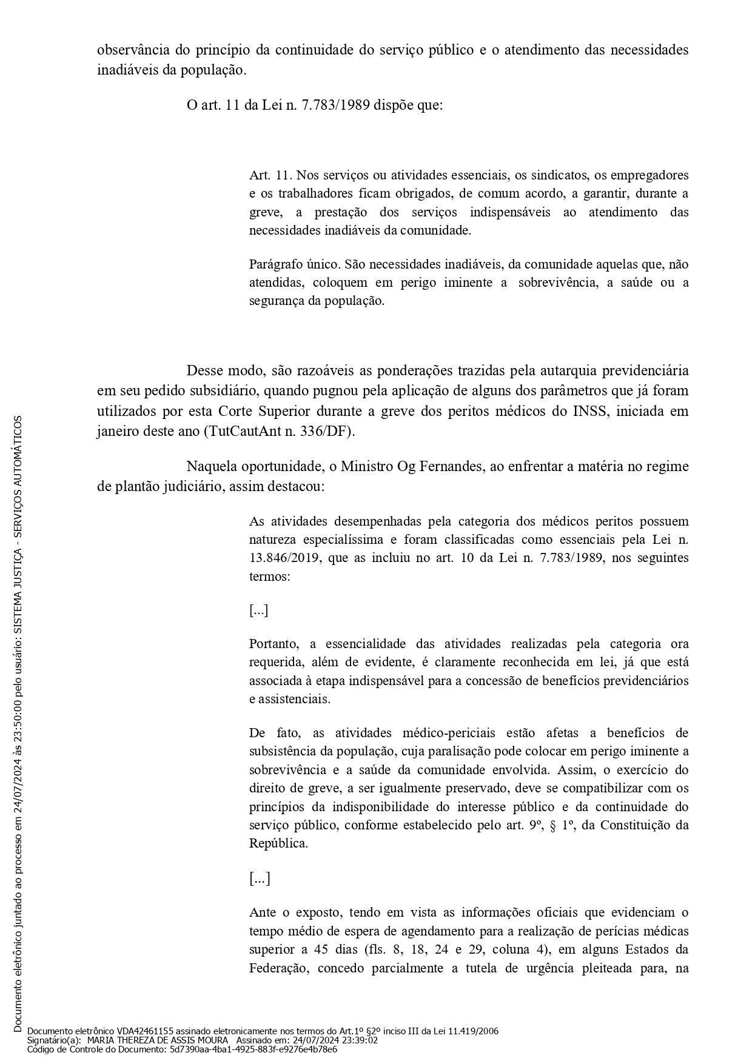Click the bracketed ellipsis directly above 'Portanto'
(259, 610)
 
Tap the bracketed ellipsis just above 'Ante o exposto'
(260, 878)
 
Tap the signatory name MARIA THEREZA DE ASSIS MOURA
(158, 1040)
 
